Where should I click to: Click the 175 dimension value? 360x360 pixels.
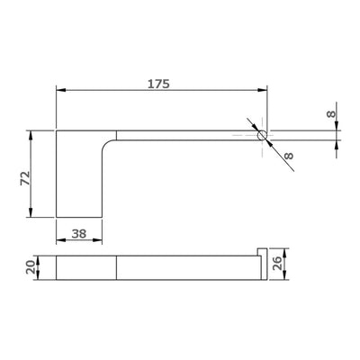(x=158, y=84)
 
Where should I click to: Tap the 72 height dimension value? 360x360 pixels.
(x=25, y=178)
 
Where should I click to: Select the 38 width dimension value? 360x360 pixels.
(x=79, y=233)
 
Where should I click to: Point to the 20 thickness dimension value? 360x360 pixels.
(x=31, y=266)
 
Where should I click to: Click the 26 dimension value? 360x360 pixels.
(x=278, y=263)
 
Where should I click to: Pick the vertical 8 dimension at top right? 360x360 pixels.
(x=331, y=114)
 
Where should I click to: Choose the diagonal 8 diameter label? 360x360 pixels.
(x=288, y=156)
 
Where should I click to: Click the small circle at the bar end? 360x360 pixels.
(x=262, y=135)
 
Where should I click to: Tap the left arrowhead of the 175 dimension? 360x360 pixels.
(x=61, y=90)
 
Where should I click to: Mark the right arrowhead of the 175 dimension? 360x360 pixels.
(x=263, y=90)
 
